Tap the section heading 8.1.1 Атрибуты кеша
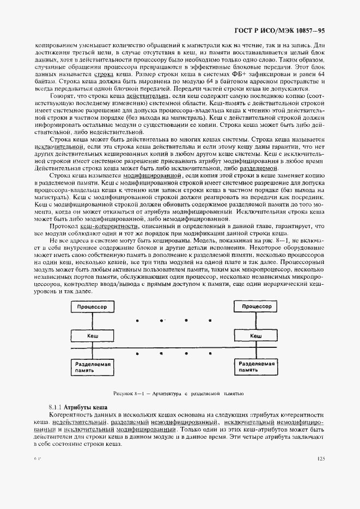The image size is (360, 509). pyautogui.click(x=78, y=407)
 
